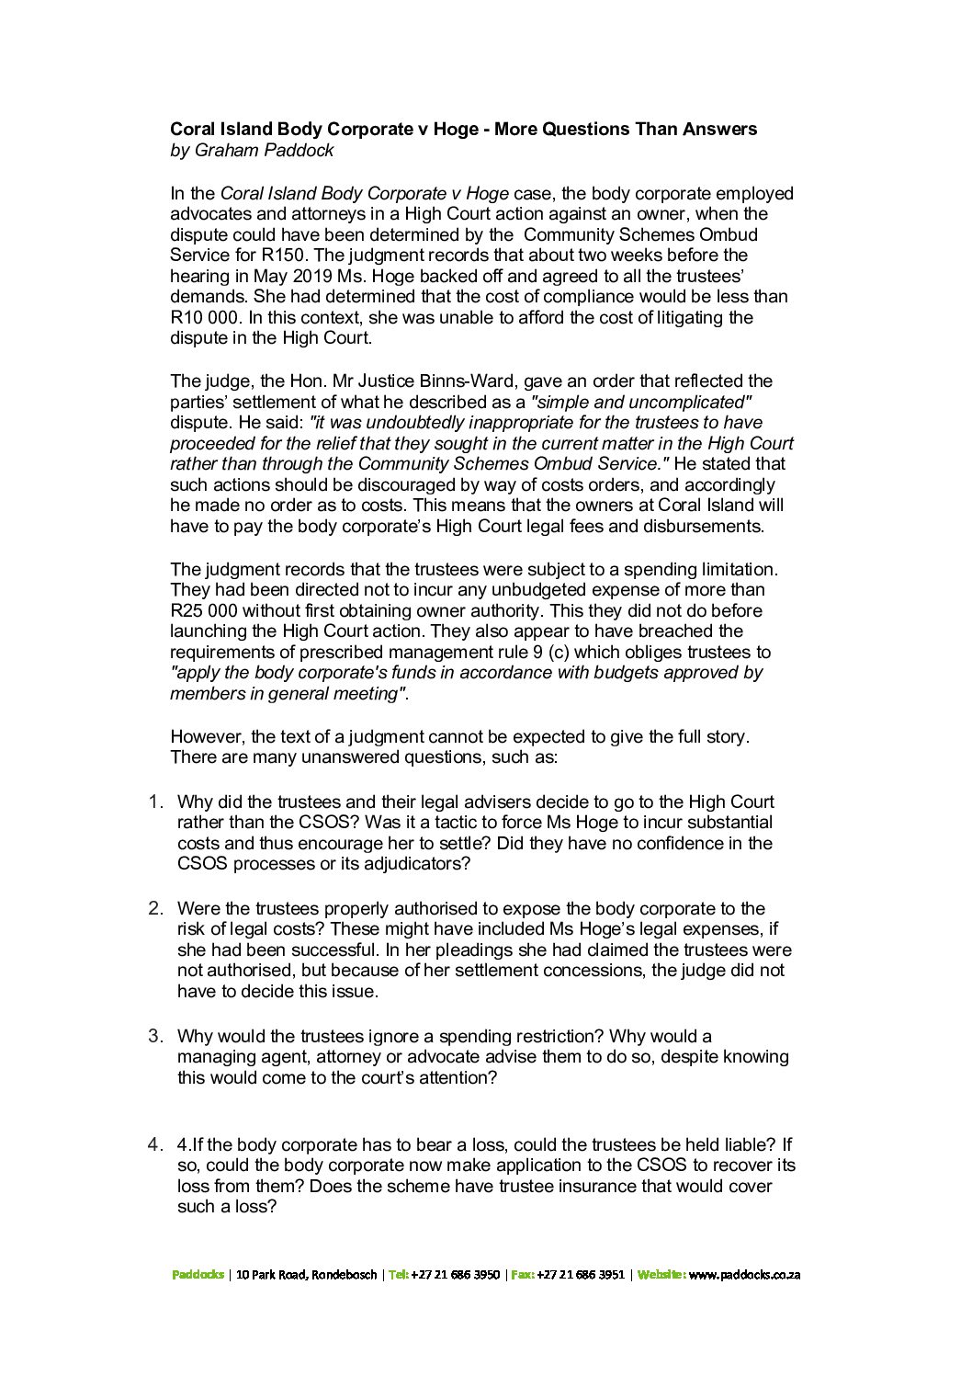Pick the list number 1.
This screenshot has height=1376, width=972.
point(156,802)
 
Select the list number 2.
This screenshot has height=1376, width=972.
point(156,908)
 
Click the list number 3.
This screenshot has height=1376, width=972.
point(156,1036)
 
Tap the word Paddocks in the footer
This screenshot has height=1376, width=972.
point(198,1275)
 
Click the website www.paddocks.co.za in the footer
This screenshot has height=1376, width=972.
point(744,1275)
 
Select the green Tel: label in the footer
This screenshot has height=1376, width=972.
point(398,1275)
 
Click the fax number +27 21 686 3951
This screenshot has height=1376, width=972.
point(581,1275)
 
